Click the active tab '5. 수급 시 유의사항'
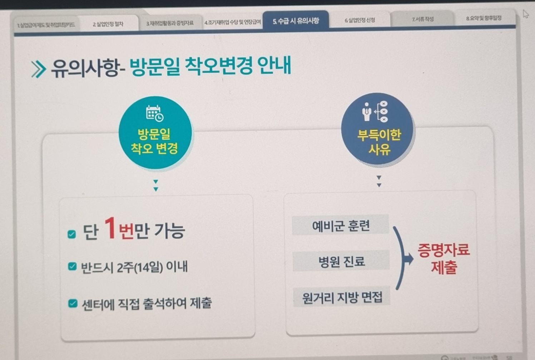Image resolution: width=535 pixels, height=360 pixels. [296, 21]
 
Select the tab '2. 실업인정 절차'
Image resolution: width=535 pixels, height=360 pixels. [108, 24]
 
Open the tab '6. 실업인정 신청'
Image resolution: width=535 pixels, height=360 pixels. [360, 20]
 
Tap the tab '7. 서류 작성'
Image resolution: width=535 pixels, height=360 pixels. [422, 19]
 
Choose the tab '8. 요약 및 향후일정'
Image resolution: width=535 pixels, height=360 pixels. [484, 18]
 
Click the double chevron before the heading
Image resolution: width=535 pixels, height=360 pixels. [39, 69]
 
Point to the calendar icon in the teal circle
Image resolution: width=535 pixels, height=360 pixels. [154, 114]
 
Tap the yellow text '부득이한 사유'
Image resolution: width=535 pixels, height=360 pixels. [379, 142]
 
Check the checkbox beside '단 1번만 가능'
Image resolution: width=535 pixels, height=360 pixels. [72, 234]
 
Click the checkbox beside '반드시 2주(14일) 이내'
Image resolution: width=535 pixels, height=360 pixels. [72, 266]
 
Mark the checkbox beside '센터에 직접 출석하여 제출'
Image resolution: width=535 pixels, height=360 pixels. [73, 303]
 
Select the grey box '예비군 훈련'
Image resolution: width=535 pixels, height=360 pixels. [340, 225]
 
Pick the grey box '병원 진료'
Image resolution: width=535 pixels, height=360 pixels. [341, 261]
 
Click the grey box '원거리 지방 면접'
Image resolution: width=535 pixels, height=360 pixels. [342, 297]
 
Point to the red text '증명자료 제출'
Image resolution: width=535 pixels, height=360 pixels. [444, 258]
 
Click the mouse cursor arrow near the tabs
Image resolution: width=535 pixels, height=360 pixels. [525, 14]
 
